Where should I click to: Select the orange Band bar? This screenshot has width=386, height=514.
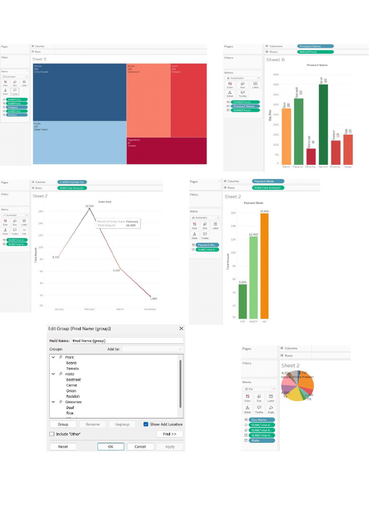286,135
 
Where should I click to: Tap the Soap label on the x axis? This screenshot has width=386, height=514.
348,166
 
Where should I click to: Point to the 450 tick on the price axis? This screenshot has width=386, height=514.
275,74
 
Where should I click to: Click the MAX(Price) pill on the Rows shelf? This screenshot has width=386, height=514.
315,52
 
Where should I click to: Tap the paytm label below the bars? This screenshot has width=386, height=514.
253,321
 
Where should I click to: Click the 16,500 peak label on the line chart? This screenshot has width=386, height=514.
89,206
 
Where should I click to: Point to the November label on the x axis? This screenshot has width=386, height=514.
149,309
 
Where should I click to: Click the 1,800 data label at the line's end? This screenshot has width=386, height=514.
153,299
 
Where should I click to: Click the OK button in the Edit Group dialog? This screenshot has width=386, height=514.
111,446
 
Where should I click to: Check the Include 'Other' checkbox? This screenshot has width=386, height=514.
52,434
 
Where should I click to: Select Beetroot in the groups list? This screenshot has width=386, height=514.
73,379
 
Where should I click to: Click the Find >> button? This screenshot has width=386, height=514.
169,434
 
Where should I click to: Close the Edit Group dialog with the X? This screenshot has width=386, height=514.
181,328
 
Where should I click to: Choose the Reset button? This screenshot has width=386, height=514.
63,446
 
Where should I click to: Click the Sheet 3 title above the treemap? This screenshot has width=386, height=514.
39,59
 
